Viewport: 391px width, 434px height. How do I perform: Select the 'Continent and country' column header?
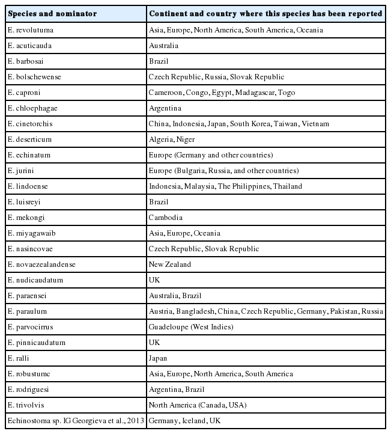tap(265, 14)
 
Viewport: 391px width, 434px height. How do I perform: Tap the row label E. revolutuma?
tap(30, 30)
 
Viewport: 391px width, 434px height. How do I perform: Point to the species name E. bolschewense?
tap(34, 77)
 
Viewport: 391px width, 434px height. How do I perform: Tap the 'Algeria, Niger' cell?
tap(171, 139)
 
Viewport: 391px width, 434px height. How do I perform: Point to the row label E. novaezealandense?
tap(41, 264)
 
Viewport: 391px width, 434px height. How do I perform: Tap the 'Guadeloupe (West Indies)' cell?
tap(190, 327)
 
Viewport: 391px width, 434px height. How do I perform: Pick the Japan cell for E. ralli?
tap(159, 358)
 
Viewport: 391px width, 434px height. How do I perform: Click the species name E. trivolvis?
tap(27, 405)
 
